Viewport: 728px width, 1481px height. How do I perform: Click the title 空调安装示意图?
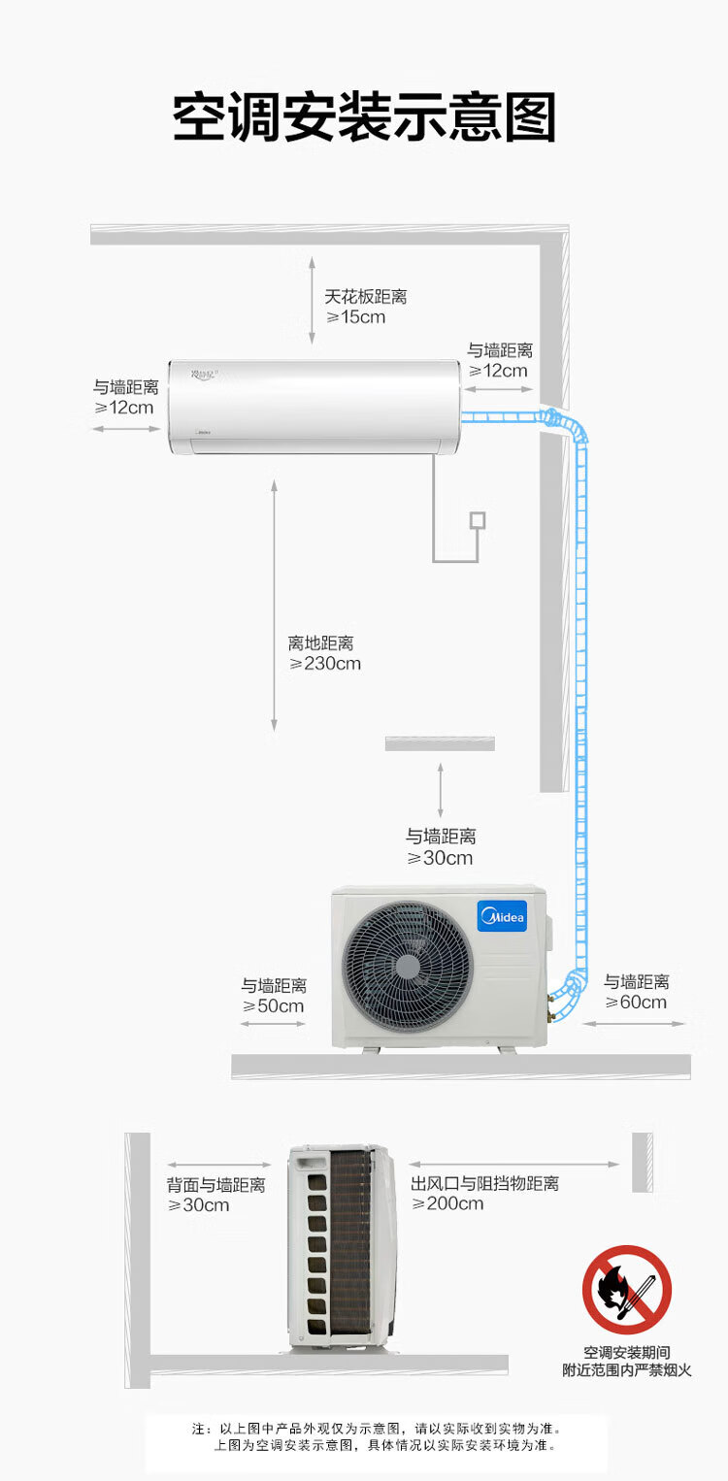tap(364, 118)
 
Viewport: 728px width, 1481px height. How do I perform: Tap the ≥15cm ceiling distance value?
tap(355, 317)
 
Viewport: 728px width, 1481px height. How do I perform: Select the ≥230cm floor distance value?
tap(325, 664)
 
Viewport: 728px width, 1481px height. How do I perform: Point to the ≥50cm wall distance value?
tap(273, 1006)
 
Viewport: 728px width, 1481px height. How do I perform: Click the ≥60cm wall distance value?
tap(636, 1003)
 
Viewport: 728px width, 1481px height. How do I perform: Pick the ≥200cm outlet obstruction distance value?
tap(447, 1204)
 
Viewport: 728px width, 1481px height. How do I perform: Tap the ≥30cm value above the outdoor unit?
tap(440, 858)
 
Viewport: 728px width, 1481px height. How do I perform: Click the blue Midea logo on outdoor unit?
tap(502, 916)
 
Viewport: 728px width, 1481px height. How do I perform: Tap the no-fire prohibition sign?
tap(627, 1290)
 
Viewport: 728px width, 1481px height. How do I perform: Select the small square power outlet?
tap(477, 520)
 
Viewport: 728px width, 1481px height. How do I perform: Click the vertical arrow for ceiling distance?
tap(312, 301)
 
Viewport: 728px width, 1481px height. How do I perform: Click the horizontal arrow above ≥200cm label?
tap(513, 1165)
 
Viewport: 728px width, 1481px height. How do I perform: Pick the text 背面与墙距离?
tap(215, 1185)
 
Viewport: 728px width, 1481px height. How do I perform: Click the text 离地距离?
tap(320, 642)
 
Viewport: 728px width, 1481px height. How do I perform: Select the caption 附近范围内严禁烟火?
tap(627, 1370)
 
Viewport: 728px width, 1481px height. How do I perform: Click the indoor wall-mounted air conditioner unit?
tap(314, 407)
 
